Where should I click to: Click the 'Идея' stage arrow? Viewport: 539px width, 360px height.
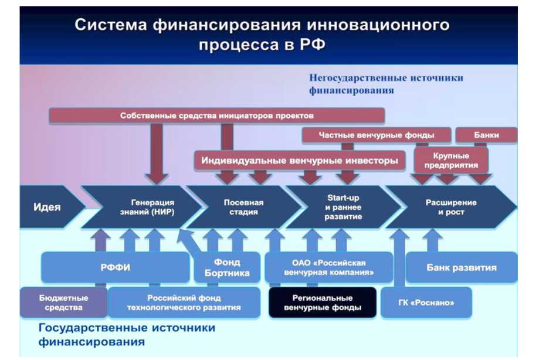[47, 207]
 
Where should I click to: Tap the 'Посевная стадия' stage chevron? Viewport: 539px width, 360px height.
[243, 207]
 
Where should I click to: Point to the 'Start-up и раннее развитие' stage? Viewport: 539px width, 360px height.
[343, 207]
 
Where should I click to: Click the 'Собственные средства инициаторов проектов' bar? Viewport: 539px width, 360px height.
[216, 116]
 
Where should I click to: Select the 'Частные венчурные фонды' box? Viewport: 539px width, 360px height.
[377, 135]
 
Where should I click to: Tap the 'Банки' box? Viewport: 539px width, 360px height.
[486, 135]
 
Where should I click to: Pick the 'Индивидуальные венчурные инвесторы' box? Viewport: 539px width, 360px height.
[299, 160]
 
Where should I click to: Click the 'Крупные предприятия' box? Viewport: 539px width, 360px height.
[451, 160]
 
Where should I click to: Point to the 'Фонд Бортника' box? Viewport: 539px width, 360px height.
[226, 267]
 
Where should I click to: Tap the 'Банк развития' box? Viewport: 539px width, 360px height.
[461, 267]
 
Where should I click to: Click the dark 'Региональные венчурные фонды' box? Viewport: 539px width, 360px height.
[322, 303]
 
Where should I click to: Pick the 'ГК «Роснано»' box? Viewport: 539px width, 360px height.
[426, 303]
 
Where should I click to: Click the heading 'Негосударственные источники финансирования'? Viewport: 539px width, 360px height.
[385, 84]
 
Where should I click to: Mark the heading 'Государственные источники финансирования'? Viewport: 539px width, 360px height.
[127, 334]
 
